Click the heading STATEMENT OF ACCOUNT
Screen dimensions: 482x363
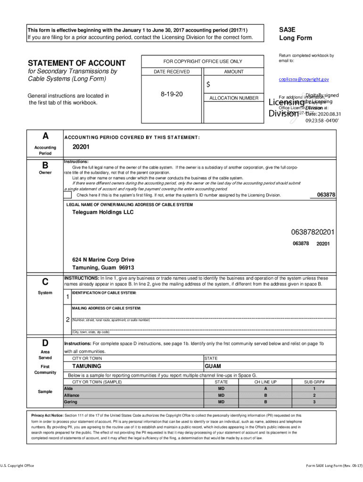pyautogui.click(x=77, y=63)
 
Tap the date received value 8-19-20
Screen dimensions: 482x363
pyautogui.click(x=172, y=94)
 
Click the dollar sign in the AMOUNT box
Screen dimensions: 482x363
pyautogui.click(x=208, y=84)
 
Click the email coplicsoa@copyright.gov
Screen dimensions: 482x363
pyautogui.click(x=304, y=80)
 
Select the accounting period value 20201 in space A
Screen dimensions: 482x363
pyautogui.click(x=81, y=147)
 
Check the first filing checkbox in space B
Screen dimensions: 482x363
pyautogui.click(x=68, y=195)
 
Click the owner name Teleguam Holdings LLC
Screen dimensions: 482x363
pyautogui.click(x=103, y=212)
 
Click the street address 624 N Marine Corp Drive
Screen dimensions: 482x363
pyautogui.click(x=103, y=260)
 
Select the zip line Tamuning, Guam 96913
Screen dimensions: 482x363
pyautogui.click(x=99, y=268)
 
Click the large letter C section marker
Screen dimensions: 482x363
pyautogui.click(x=45, y=282)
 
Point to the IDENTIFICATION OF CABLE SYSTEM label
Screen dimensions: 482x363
pyautogui.click(x=104, y=293)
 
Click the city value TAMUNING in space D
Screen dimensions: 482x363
pyautogui.click(x=87, y=366)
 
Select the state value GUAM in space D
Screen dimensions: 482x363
pyautogui.click(x=213, y=366)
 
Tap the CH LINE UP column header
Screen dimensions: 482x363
pyautogui.click(x=265, y=382)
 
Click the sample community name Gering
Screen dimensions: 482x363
pyautogui.click(x=71, y=402)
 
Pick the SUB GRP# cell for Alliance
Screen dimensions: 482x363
pyautogui.click(x=314, y=395)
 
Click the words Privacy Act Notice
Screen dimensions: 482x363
pyautogui.click(x=47, y=416)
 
